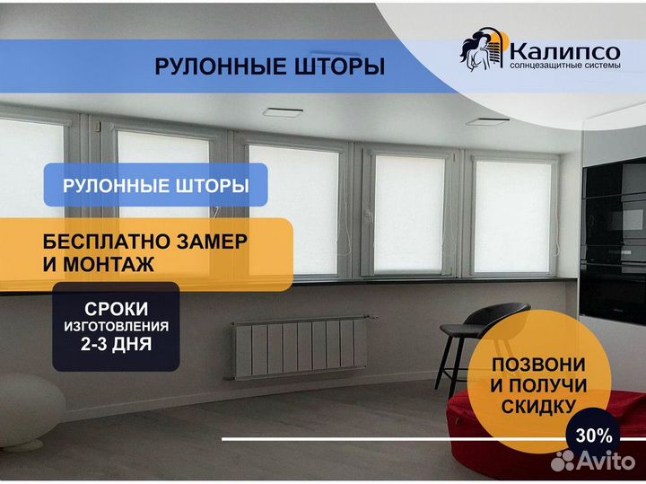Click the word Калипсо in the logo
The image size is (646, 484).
564,52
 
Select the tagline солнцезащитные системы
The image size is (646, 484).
565,66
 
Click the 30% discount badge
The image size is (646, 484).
593,436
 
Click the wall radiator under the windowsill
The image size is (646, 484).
300,347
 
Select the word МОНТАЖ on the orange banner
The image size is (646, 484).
109,264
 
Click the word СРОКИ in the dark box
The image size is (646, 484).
116,309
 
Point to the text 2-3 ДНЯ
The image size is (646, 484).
116,344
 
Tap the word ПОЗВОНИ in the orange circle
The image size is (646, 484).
539,365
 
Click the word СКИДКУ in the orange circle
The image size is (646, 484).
538,407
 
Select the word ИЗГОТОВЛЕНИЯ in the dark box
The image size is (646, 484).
116,327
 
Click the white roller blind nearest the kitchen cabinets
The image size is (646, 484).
512,216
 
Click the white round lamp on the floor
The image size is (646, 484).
29,411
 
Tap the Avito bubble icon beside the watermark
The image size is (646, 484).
563,461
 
